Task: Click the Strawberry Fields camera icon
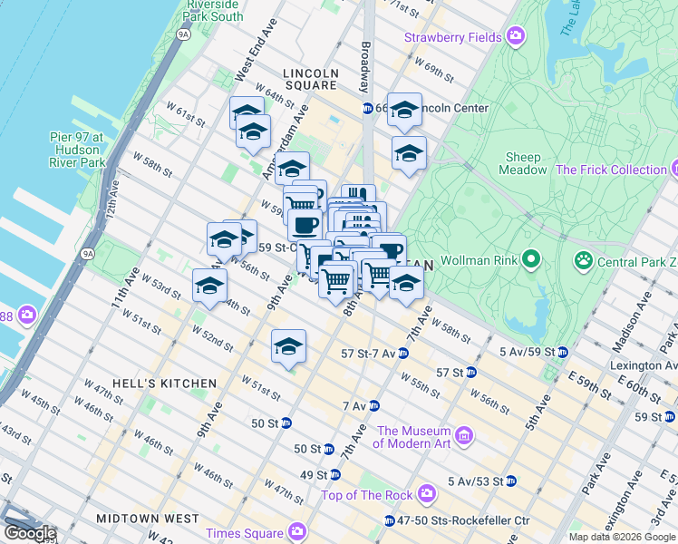coord(516,37)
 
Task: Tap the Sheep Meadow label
coord(524,163)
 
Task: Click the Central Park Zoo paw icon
coord(582,262)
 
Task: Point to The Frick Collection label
coord(610,170)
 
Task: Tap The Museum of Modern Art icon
coord(464,437)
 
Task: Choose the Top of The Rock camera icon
coord(425,494)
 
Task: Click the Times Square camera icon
coord(296,532)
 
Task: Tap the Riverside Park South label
coord(213,10)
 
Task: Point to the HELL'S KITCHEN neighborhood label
coord(164,384)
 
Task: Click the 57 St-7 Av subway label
coord(368,353)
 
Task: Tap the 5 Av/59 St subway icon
coord(563,352)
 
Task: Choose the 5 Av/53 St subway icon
coord(510,481)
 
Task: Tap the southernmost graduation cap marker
coord(288,347)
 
